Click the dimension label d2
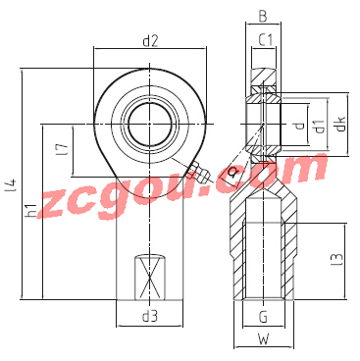click(150, 41)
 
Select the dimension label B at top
click(263, 17)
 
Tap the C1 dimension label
click(266, 40)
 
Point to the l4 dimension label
click(12, 184)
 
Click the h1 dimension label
click(31, 210)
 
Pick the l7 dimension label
click(64, 149)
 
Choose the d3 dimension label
click(150, 316)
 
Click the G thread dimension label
click(263, 317)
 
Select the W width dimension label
click(263, 339)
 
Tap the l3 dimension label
click(337, 259)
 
